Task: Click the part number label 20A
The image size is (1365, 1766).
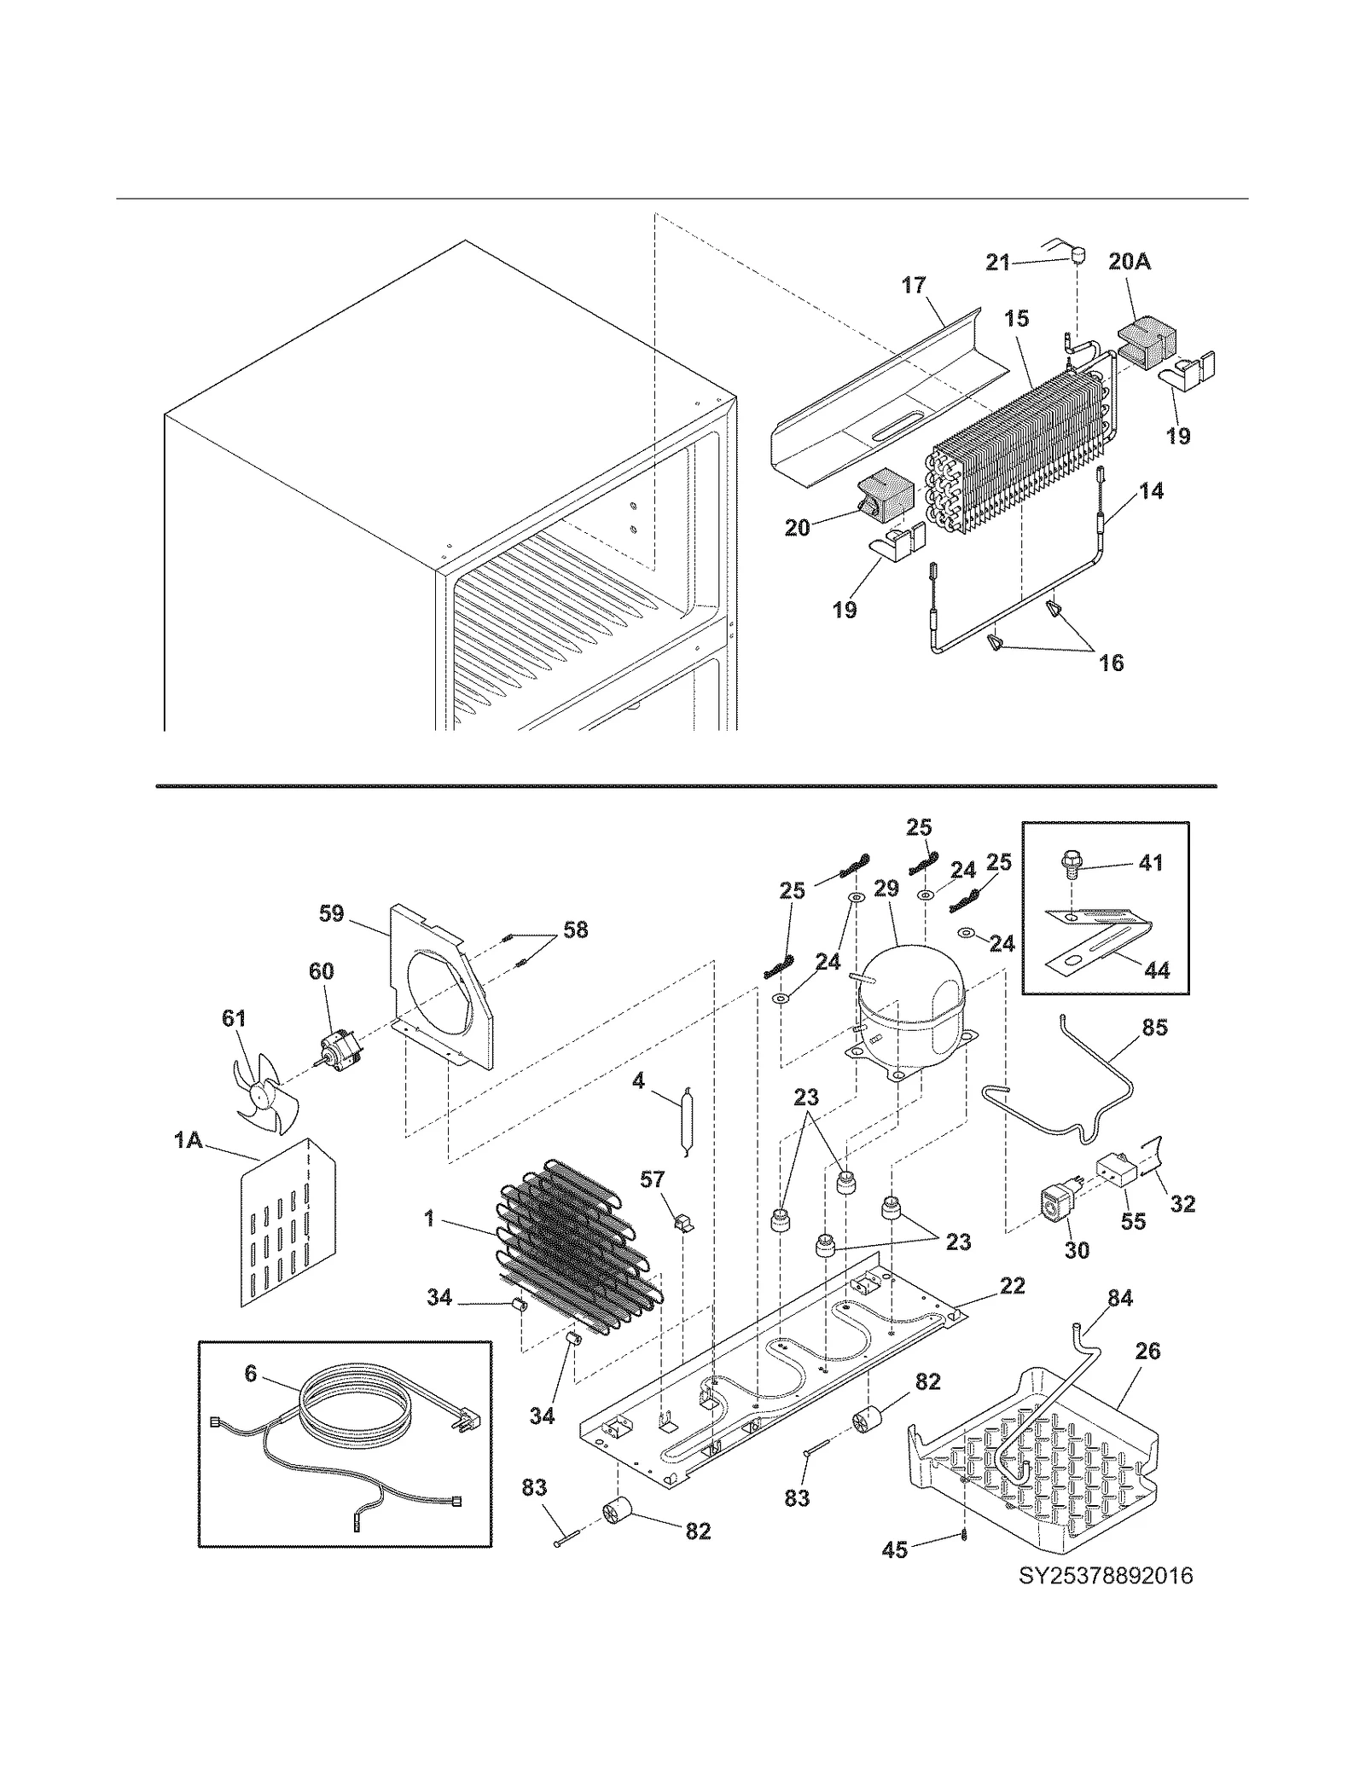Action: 1130,262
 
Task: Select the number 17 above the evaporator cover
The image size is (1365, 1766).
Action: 914,285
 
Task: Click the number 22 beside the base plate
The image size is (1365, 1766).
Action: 1012,1285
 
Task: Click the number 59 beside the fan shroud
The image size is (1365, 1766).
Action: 331,913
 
